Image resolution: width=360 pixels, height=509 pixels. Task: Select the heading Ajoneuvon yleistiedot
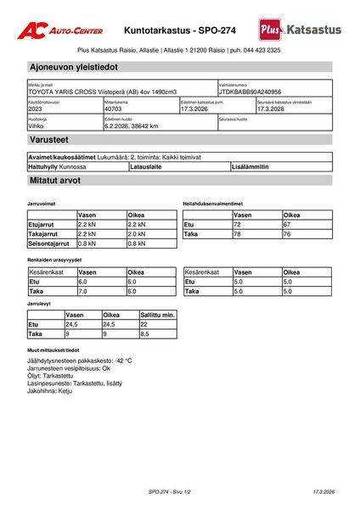pos(73,66)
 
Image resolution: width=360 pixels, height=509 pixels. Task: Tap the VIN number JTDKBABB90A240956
pos(250,92)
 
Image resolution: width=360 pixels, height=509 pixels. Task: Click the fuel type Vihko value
pos(37,126)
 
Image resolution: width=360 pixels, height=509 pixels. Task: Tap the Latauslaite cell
pos(145,167)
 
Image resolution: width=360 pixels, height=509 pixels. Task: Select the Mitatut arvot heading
pos(55,181)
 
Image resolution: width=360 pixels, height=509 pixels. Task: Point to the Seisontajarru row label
pos(50,243)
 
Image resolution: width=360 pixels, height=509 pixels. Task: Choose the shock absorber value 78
pos(238,233)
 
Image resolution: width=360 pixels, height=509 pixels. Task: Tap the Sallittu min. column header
pos(158,315)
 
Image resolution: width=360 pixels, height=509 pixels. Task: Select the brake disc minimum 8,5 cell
pos(145,334)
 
